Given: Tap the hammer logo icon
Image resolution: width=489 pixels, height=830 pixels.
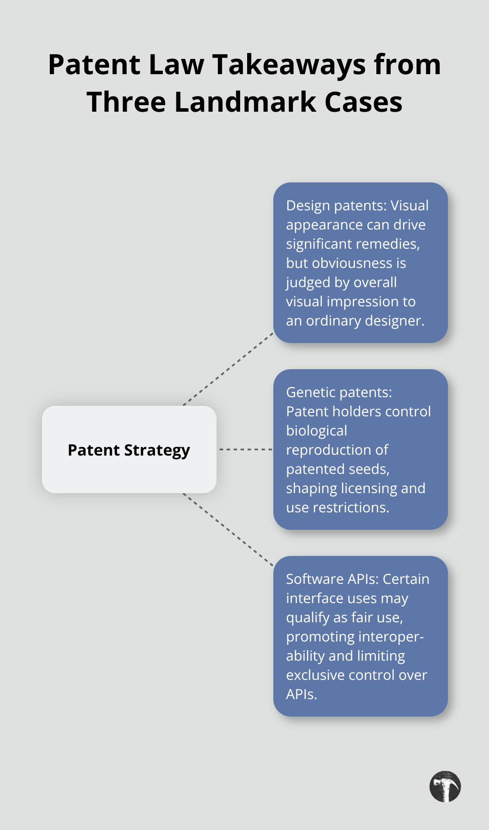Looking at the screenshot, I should pos(445,786).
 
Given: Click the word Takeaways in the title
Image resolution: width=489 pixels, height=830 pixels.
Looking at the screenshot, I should pos(289,65).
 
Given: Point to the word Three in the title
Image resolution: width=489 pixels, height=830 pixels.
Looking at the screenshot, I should pos(126,102).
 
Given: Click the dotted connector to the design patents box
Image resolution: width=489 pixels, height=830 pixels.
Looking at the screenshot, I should pos(228,369).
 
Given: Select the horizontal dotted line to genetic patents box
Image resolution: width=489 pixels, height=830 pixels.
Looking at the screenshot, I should pos(245,449).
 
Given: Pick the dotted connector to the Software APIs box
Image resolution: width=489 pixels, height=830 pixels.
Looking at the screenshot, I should pos(228,530).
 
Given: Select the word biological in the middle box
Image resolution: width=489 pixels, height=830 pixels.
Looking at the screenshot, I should pos(317,431).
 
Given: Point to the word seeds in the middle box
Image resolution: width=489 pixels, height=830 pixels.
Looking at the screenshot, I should pos(370,469).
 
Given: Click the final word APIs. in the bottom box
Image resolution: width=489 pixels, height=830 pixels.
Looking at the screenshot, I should pos(301,694).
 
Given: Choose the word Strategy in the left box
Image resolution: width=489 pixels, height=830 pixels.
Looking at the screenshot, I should pos(157,450).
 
